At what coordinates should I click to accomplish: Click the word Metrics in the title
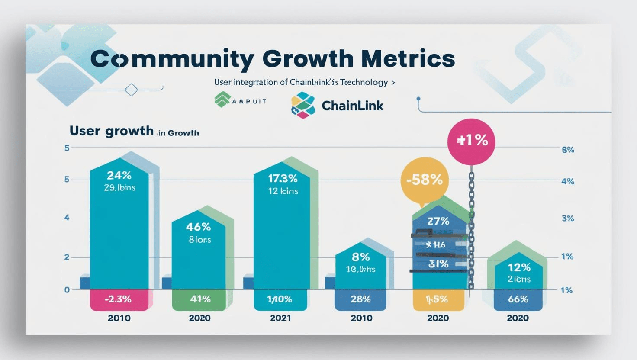click(x=408, y=59)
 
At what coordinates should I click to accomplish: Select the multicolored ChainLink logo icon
click(x=303, y=105)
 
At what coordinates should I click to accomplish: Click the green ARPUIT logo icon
click(x=222, y=100)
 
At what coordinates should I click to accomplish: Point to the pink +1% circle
click(x=471, y=141)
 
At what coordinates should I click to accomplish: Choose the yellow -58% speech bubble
click(x=425, y=180)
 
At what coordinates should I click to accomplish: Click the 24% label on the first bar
click(x=119, y=175)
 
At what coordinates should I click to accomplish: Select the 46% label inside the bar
click(x=198, y=227)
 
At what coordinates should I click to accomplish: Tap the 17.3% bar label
click(x=283, y=178)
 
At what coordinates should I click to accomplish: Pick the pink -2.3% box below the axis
click(x=119, y=299)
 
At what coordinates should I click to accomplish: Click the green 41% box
click(x=199, y=299)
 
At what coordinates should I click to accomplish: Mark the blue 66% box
click(x=518, y=299)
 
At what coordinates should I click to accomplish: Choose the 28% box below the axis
click(x=360, y=299)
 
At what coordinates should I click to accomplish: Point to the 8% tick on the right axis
click(x=568, y=150)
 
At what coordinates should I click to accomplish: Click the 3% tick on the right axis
click(x=568, y=219)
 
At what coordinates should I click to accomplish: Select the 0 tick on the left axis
click(x=67, y=290)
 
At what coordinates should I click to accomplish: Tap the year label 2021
click(x=280, y=318)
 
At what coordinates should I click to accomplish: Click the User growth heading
click(x=111, y=131)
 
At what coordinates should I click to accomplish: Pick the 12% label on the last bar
click(x=519, y=267)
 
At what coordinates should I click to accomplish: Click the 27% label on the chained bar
click(x=438, y=221)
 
